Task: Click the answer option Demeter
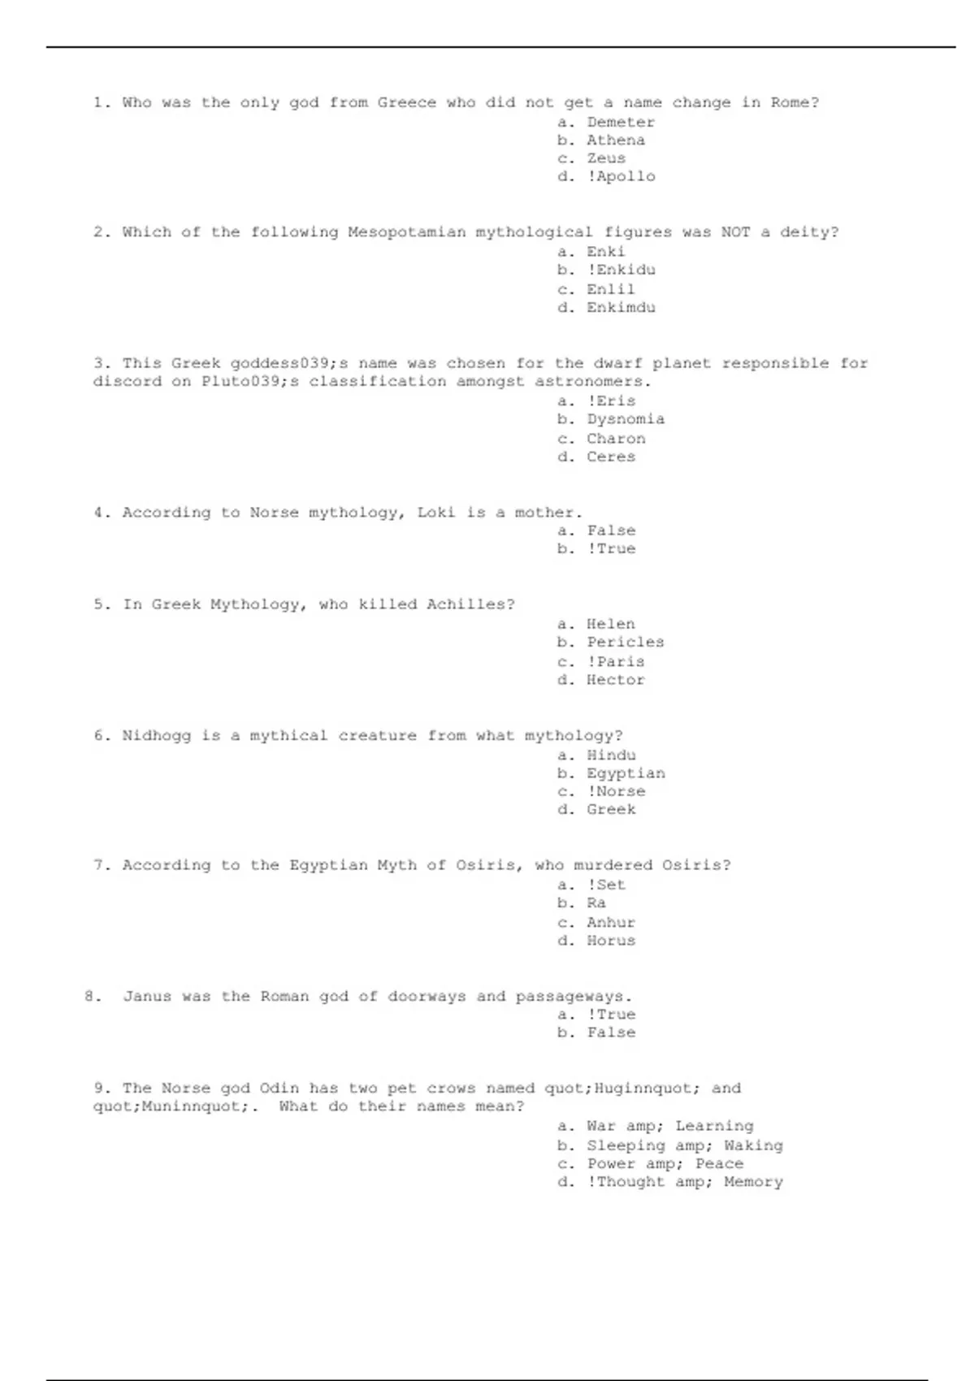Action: pyautogui.click(x=620, y=123)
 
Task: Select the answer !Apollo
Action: pyautogui.click(x=621, y=176)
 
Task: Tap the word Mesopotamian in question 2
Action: pyautogui.click(x=406, y=232)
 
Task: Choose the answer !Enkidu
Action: pyautogui.click(x=621, y=270)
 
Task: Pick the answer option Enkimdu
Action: pyautogui.click(x=621, y=308)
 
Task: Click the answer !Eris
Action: pyautogui.click(x=611, y=401)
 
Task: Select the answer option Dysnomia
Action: pyautogui.click(x=626, y=419)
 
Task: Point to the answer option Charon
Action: pyautogui.click(x=616, y=439)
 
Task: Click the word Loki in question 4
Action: pyautogui.click(x=436, y=513)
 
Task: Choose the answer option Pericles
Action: pyautogui.click(x=626, y=643)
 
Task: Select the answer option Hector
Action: pyautogui.click(x=616, y=680)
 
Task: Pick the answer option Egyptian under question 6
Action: pyautogui.click(x=626, y=773)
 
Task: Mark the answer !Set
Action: pyautogui.click(x=606, y=885)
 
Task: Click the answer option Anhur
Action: pyautogui.click(x=611, y=923)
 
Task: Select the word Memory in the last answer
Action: pyautogui.click(x=753, y=1182)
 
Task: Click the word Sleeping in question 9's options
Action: pyautogui.click(x=626, y=1145)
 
